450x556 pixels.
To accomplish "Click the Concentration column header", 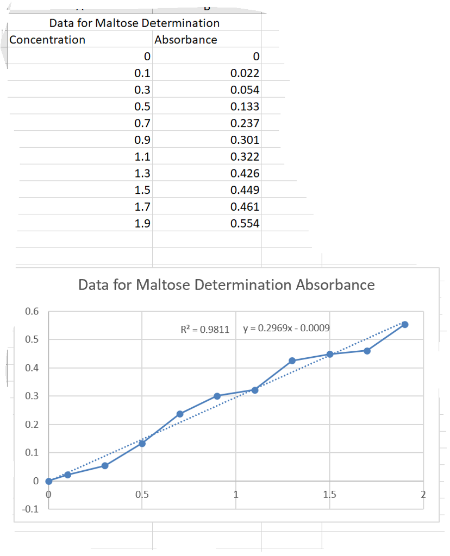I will click(47, 40).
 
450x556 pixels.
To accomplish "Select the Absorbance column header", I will click(185, 40).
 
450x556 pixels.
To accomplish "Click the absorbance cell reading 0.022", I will click(245, 73).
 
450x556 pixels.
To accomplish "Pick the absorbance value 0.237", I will click(245, 123).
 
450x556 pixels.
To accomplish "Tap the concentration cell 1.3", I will click(142, 174).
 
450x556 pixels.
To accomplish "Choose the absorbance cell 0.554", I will click(245, 224).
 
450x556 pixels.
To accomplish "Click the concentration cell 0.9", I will click(142, 140).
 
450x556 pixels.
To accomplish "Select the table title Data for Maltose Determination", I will click(134, 23).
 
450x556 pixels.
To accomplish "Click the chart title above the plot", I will click(226, 285).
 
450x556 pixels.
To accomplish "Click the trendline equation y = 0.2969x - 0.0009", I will click(286, 328).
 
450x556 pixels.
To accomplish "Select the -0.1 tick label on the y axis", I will click(30, 509).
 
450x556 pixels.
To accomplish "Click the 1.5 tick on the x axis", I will click(329, 495).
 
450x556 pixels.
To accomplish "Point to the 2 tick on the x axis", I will click(423, 495).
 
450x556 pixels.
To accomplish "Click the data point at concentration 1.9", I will click(405, 325).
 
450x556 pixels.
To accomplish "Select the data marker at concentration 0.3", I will click(105, 466).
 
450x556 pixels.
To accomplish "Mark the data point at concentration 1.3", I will click(292, 361).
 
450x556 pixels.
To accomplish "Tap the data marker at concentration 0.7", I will click(180, 414).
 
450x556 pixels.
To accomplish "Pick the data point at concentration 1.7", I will click(367, 351).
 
